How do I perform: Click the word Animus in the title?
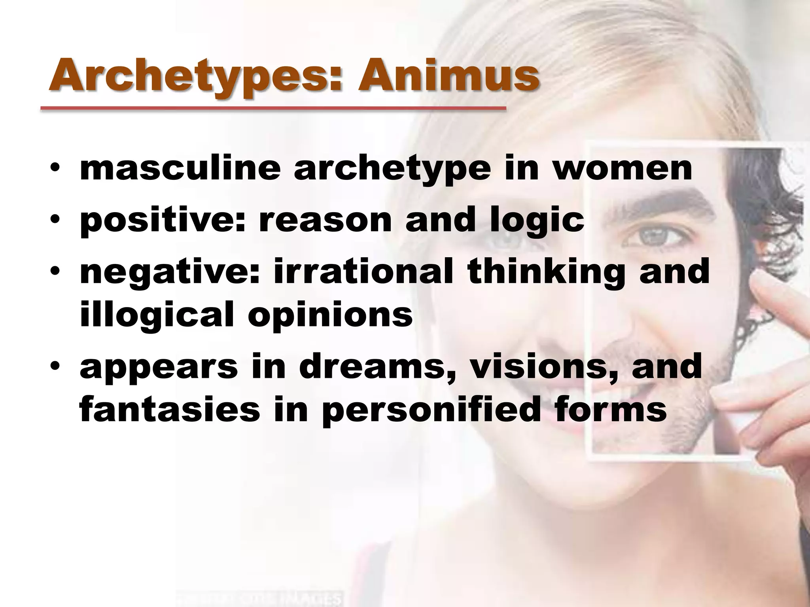[x=448, y=75]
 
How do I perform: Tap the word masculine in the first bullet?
[x=180, y=169]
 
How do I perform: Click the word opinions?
[x=330, y=316]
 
